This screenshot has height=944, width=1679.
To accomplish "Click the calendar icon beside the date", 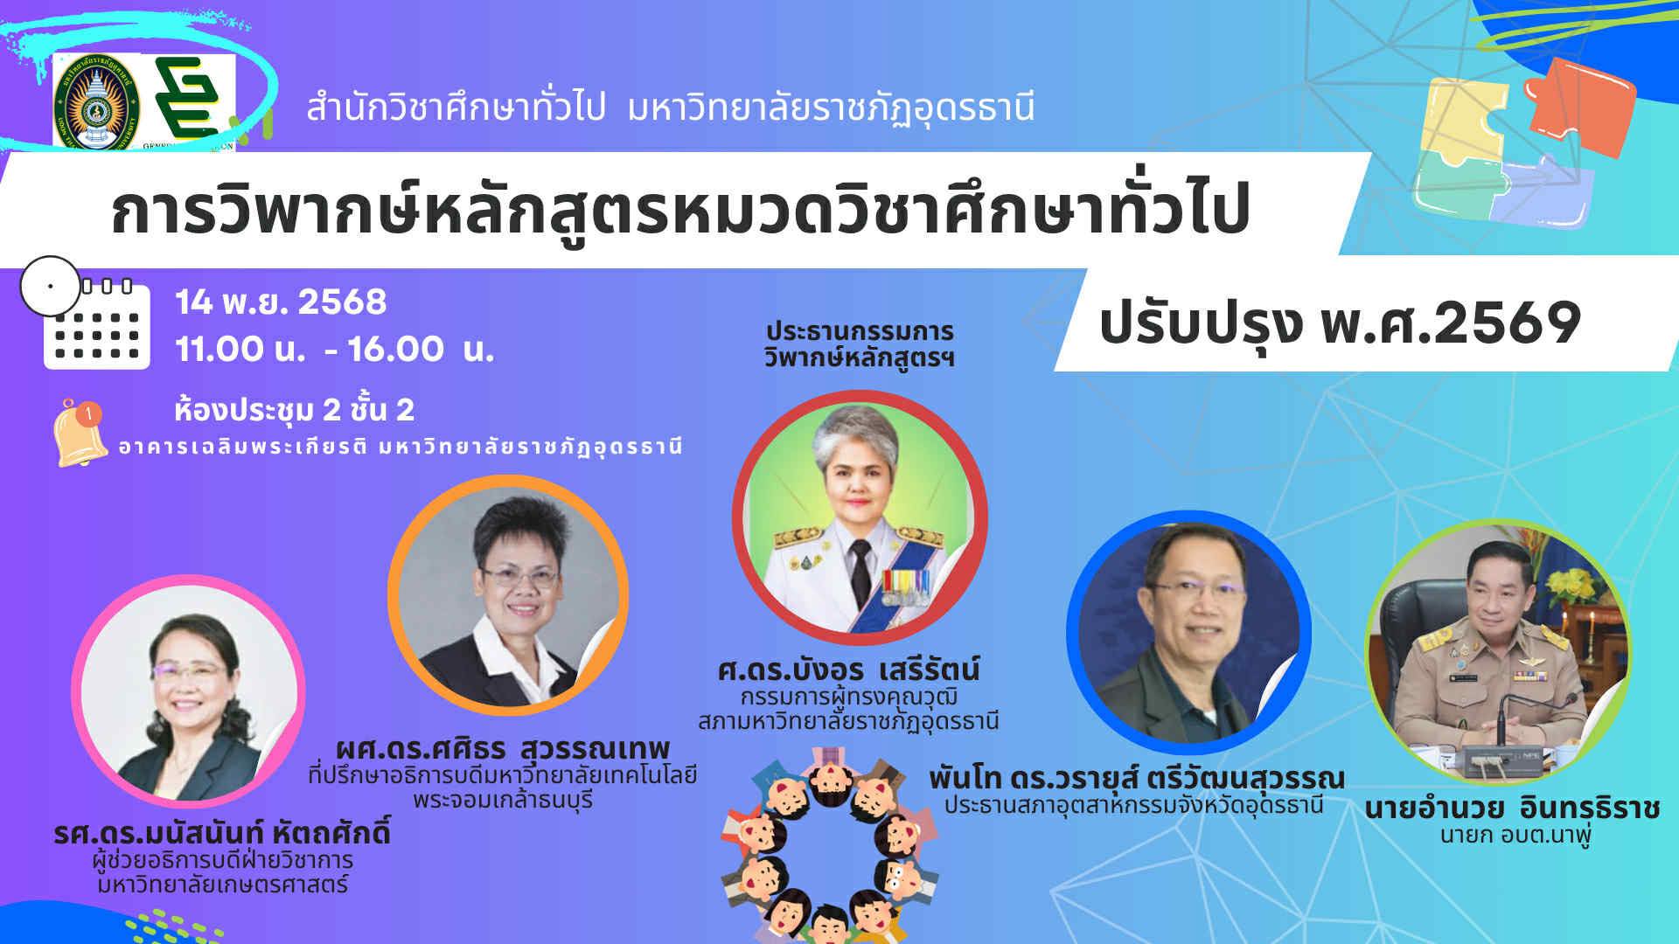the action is pos(96,324).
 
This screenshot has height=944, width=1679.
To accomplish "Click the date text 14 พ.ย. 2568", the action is pos(281,302).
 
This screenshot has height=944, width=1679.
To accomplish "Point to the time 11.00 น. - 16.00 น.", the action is pos(335,350).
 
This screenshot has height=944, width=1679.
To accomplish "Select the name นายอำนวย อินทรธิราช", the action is pos(1512,809).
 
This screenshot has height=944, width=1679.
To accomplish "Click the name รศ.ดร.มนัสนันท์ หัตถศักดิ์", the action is pos(222,833).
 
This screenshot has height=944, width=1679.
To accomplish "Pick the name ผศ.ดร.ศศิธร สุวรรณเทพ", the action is pos(504,749).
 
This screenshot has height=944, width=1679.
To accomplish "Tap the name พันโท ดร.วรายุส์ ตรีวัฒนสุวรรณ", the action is pos(1137,778).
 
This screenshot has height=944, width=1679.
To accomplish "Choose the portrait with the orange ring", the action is pos(508,596).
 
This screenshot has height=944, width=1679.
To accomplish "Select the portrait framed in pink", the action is pos(188,691).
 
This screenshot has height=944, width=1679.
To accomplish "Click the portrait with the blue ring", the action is pos(1188,632).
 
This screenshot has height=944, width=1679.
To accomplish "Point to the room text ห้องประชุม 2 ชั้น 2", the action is pos(294,410).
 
